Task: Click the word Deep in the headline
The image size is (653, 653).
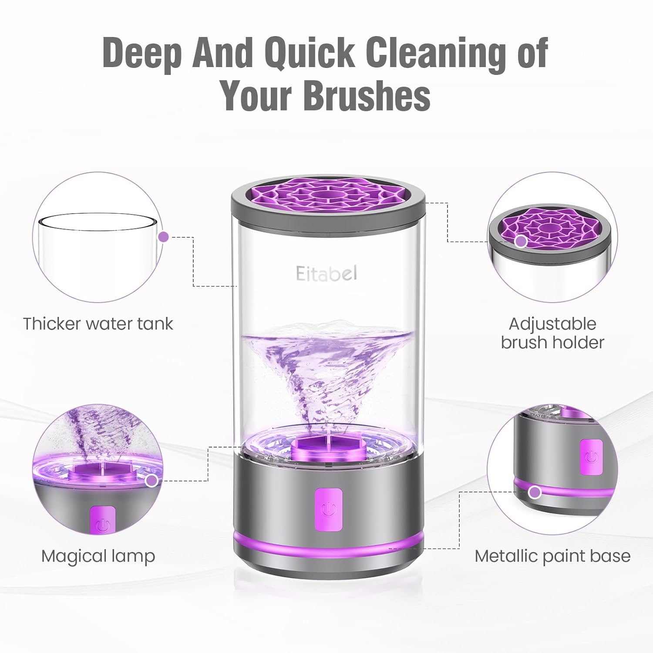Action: pyautogui.click(x=142, y=54)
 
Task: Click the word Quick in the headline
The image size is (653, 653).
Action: pyautogui.click(x=310, y=54)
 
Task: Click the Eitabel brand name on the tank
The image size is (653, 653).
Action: pyautogui.click(x=326, y=273)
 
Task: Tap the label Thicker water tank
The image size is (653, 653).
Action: pyautogui.click(x=98, y=324)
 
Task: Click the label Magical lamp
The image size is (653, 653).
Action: pyautogui.click(x=98, y=556)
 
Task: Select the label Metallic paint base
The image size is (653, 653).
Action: pyautogui.click(x=552, y=556)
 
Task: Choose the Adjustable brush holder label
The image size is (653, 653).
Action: pyautogui.click(x=552, y=333)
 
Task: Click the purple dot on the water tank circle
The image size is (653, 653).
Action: pyautogui.click(x=163, y=237)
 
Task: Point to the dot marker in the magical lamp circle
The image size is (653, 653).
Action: pyautogui.click(x=151, y=481)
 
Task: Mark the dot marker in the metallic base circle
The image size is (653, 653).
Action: pyautogui.click(x=535, y=492)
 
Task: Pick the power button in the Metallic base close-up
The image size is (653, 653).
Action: pyautogui.click(x=591, y=457)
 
